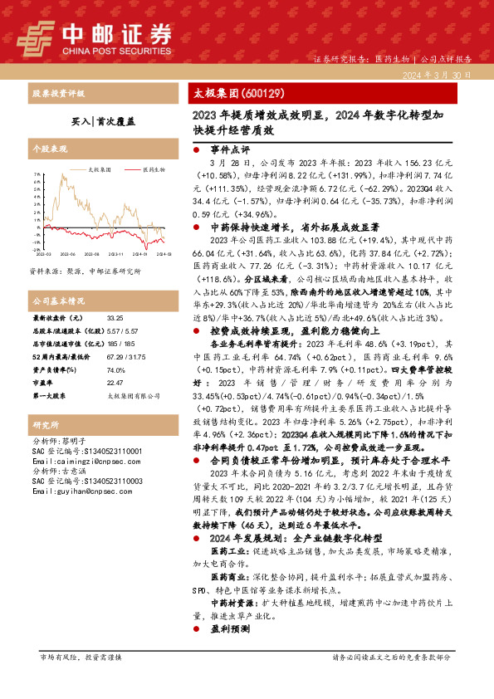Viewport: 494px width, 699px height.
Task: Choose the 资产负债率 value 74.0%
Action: (115, 369)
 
